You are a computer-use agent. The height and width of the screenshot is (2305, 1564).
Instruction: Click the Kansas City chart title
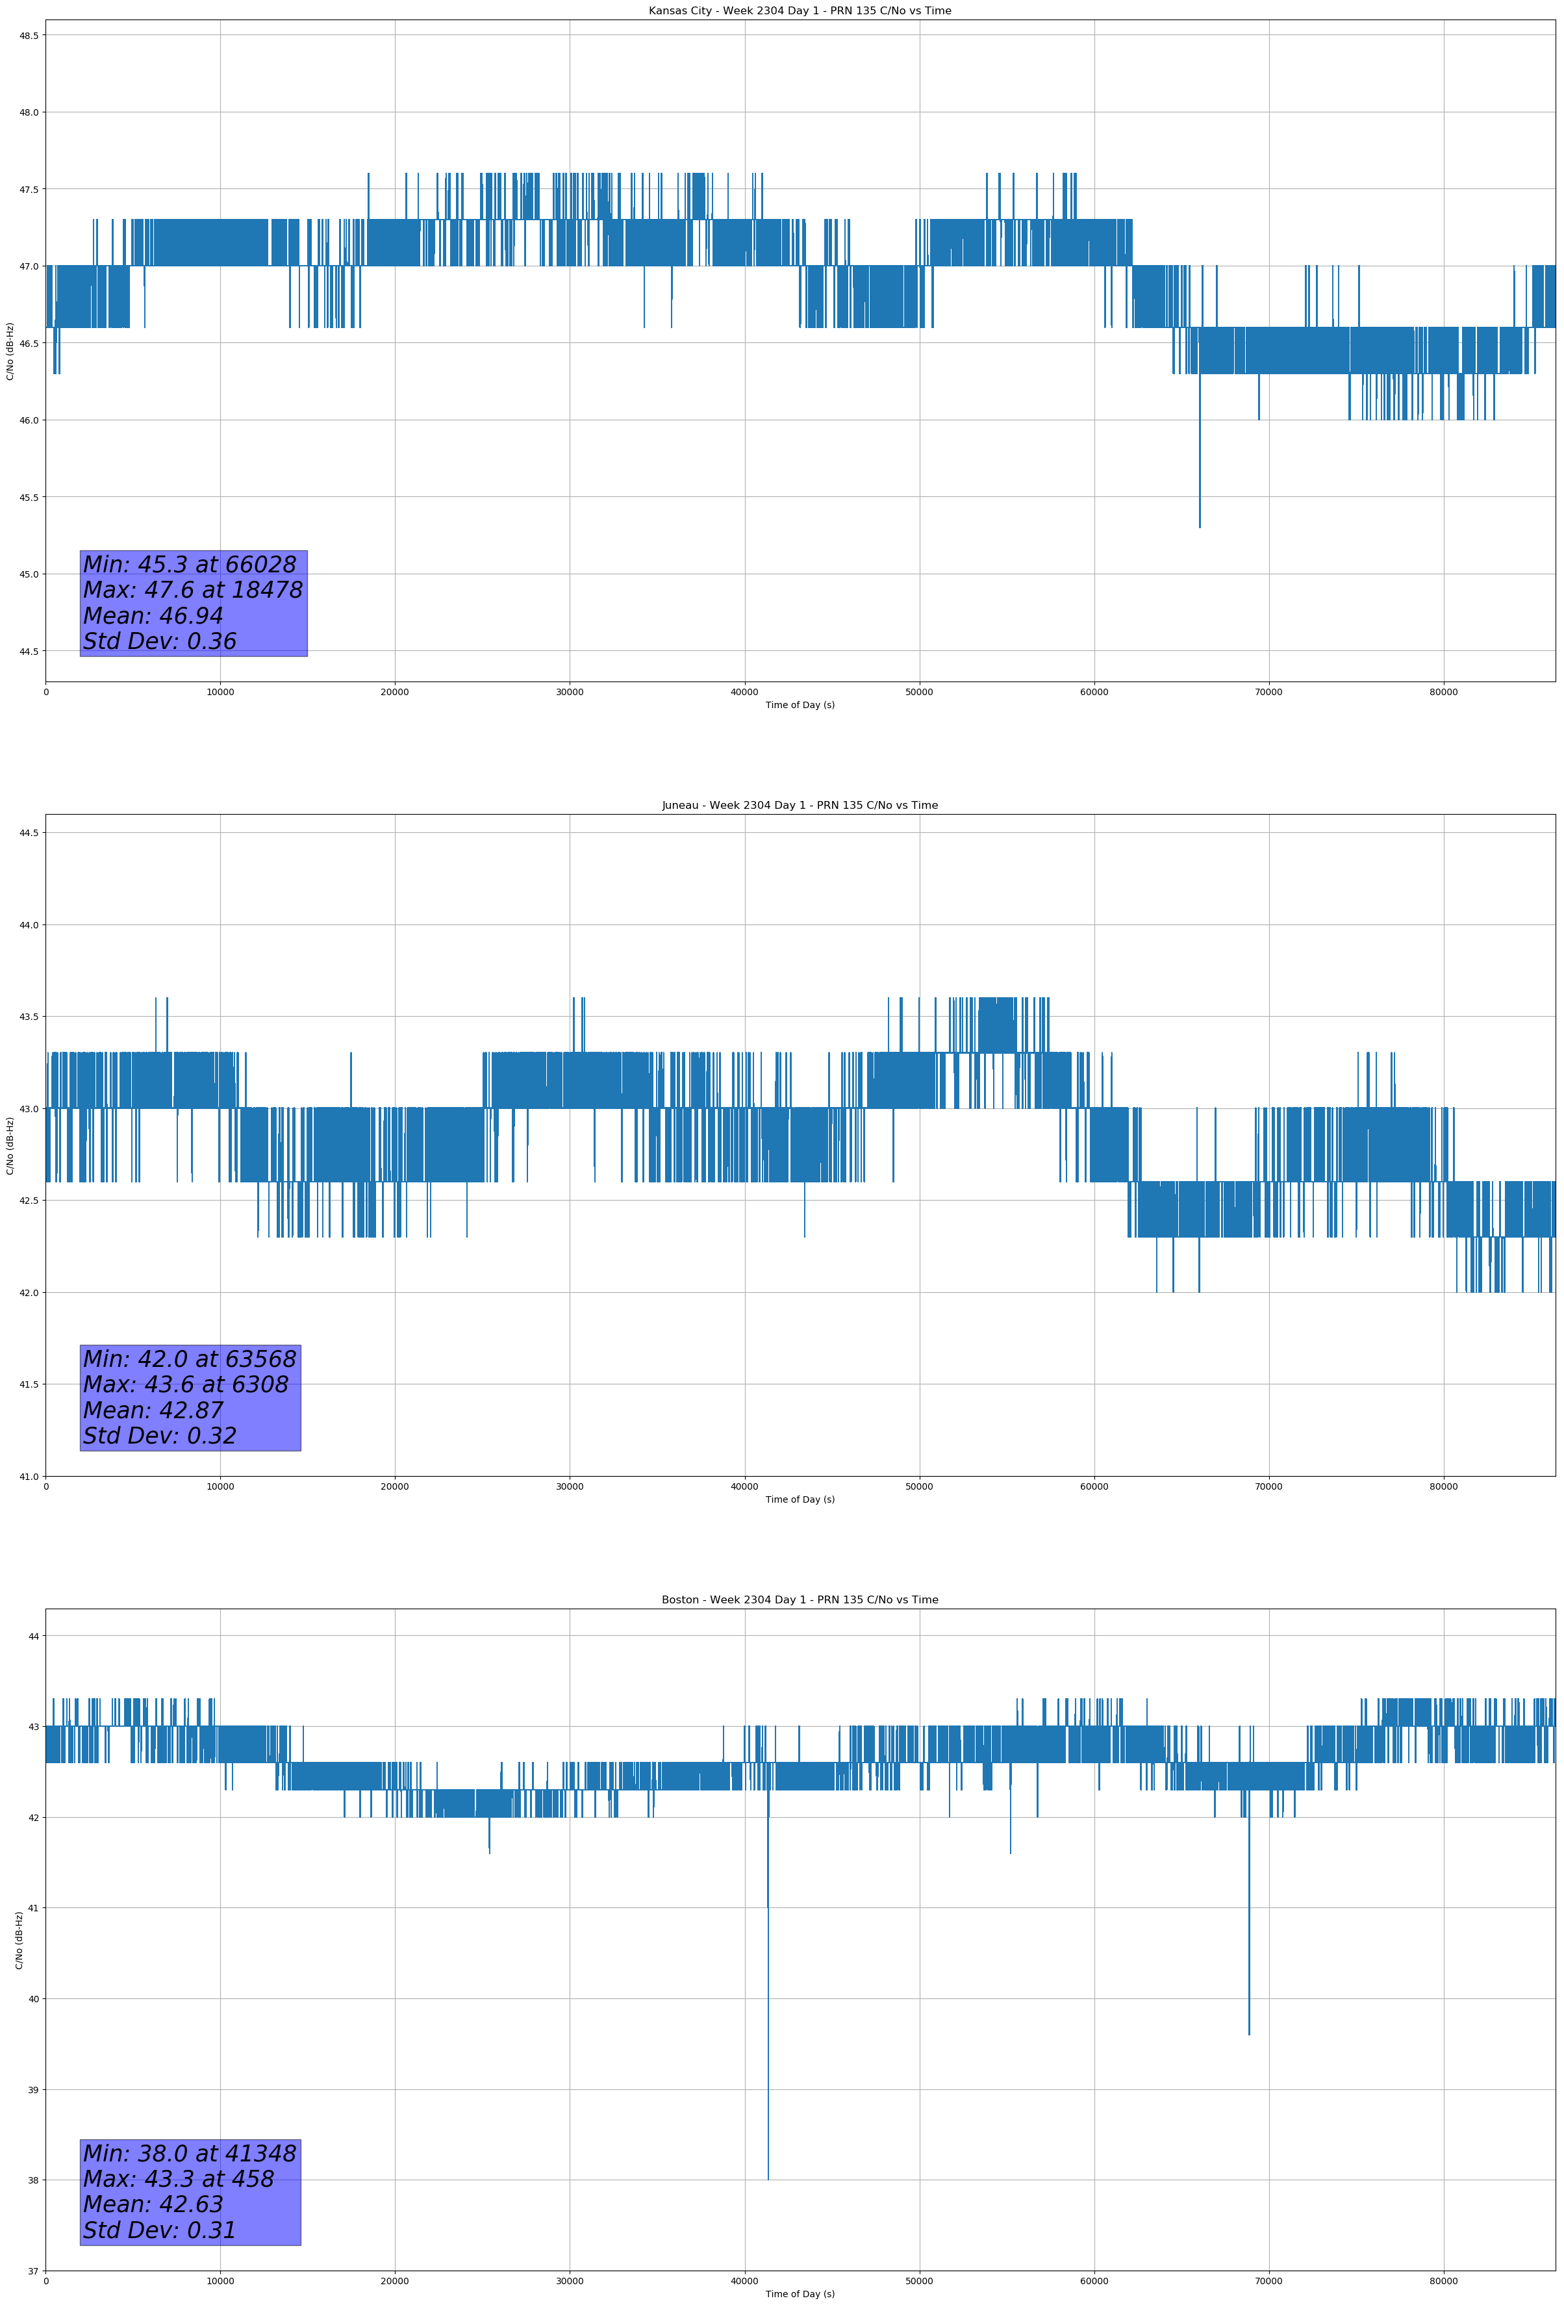[800, 11]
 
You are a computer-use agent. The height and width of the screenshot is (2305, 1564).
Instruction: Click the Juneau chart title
[800, 806]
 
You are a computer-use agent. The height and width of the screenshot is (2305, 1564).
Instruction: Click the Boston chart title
[800, 1600]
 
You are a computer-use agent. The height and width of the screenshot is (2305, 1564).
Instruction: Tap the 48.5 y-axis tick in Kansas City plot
[28, 36]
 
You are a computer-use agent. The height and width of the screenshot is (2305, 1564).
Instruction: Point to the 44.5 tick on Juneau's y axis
[28, 833]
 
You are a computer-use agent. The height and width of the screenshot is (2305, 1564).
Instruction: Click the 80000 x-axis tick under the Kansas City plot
[1443, 693]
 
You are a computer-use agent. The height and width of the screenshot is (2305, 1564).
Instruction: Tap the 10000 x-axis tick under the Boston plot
[220, 2281]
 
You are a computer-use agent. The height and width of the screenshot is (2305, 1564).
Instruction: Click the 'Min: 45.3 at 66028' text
[190, 565]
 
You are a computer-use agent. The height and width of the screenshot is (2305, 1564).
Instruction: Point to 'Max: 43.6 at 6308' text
[186, 1384]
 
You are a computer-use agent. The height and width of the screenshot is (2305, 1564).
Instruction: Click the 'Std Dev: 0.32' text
[160, 1436]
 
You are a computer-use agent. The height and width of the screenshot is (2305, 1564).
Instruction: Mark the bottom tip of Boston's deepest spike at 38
[768, 2179]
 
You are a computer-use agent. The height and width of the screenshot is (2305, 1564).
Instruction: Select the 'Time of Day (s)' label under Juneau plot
[800, 1499]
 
